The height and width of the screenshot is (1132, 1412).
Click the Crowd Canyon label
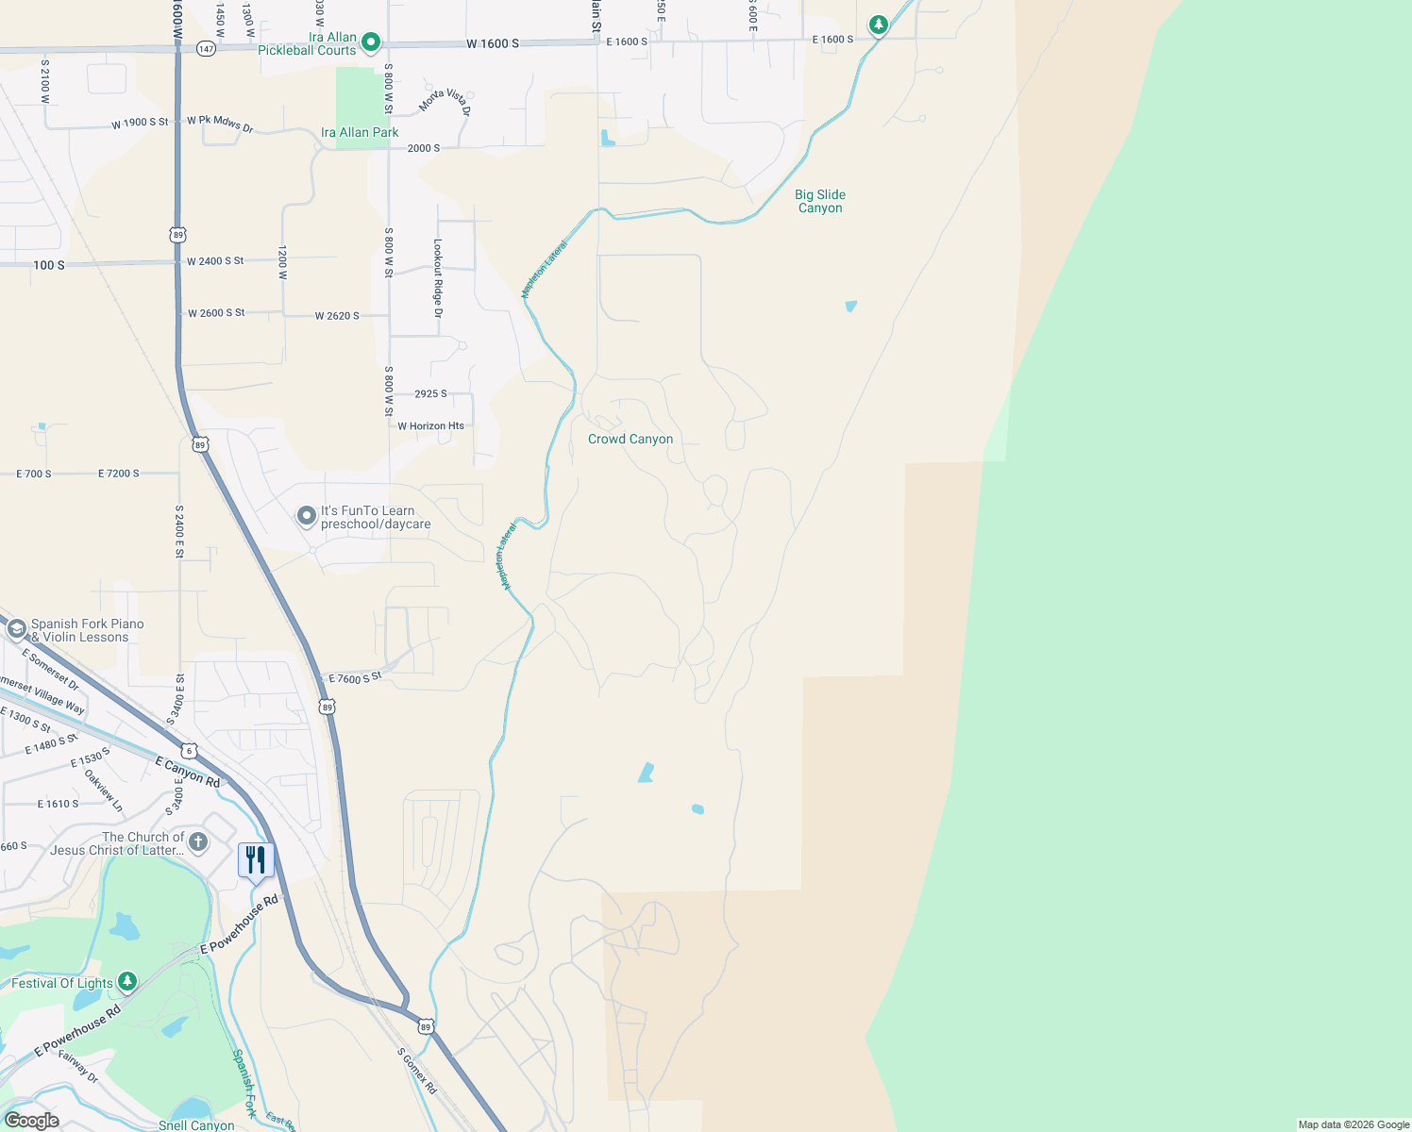630,440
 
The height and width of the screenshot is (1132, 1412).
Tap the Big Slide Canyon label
820,202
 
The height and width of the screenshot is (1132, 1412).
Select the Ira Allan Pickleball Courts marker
371,42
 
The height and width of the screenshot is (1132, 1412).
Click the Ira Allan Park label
360,133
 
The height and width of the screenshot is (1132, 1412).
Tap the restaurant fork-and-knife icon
256,860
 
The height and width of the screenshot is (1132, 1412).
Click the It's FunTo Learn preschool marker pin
307,516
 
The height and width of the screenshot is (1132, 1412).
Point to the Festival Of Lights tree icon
127,982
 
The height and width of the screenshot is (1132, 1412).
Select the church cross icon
197,841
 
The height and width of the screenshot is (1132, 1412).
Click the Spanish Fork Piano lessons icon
16,629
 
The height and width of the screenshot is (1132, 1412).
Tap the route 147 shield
207,48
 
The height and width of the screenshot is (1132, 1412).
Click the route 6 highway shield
191,751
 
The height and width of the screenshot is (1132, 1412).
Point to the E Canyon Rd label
187,773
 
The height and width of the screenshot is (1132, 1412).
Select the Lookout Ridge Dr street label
438,278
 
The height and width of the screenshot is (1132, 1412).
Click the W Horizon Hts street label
430,426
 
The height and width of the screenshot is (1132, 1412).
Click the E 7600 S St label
355,678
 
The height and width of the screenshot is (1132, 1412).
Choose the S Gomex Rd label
416,1071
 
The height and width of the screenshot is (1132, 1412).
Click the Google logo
31,1121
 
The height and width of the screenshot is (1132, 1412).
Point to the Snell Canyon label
196,1125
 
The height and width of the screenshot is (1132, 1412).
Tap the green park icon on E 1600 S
879,25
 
